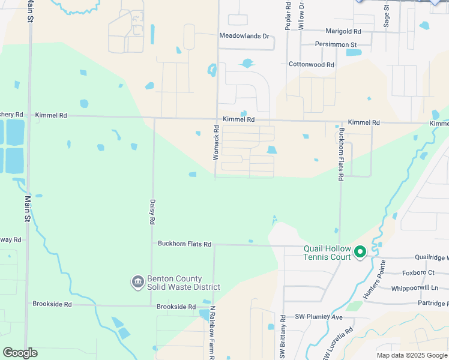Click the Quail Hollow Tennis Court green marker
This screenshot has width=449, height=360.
360,252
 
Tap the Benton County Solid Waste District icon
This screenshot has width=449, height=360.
137,281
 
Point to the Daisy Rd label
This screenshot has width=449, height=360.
152,212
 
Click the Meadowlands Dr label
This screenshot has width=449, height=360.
244,36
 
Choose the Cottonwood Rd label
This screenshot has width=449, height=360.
311,64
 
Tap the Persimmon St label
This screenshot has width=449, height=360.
336,44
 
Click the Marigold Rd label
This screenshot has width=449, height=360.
343,31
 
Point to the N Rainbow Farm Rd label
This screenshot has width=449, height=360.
212,332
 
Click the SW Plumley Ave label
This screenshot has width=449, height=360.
318,317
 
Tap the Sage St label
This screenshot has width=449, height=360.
387,14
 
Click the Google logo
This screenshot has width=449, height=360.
20,353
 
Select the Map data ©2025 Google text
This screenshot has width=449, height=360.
411,355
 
